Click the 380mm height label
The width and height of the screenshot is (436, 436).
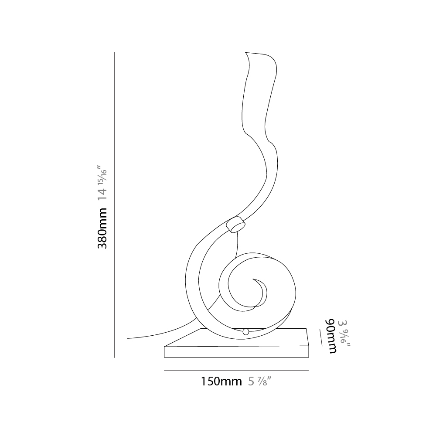tap(102, 228)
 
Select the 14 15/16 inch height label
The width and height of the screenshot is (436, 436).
tap(102, 183)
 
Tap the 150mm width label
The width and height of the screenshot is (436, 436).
tap(221, 381)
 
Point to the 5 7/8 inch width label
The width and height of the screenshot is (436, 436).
tap(259, 381)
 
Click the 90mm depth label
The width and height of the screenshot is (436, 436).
tap(331, 336)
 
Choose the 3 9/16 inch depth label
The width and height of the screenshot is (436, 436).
tap(344, 334)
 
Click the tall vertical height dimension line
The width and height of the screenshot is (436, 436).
tap(114, 204)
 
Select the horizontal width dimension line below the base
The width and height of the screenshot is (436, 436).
tap(236, 371)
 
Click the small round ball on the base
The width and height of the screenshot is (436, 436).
tap(246, 331)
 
